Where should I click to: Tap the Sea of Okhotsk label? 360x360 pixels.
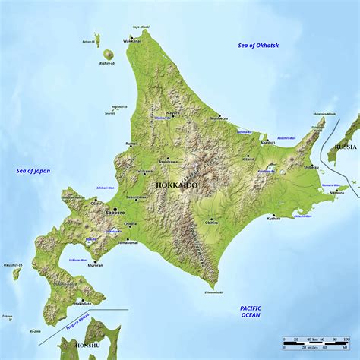258,46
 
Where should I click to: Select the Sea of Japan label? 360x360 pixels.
33,171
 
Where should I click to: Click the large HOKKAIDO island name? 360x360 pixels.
177,185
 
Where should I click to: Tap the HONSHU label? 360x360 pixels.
87,345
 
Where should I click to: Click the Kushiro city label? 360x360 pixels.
273,218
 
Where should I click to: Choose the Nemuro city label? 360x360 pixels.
336,193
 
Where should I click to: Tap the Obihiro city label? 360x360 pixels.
212,223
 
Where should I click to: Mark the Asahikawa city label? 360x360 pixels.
168,162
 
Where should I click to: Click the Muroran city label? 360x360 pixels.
96,265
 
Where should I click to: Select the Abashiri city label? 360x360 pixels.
267,143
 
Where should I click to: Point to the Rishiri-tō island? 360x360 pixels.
107,55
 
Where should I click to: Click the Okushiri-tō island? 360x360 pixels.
17,273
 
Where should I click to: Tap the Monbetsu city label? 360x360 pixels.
219,118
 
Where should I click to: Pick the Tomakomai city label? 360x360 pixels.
127,242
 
